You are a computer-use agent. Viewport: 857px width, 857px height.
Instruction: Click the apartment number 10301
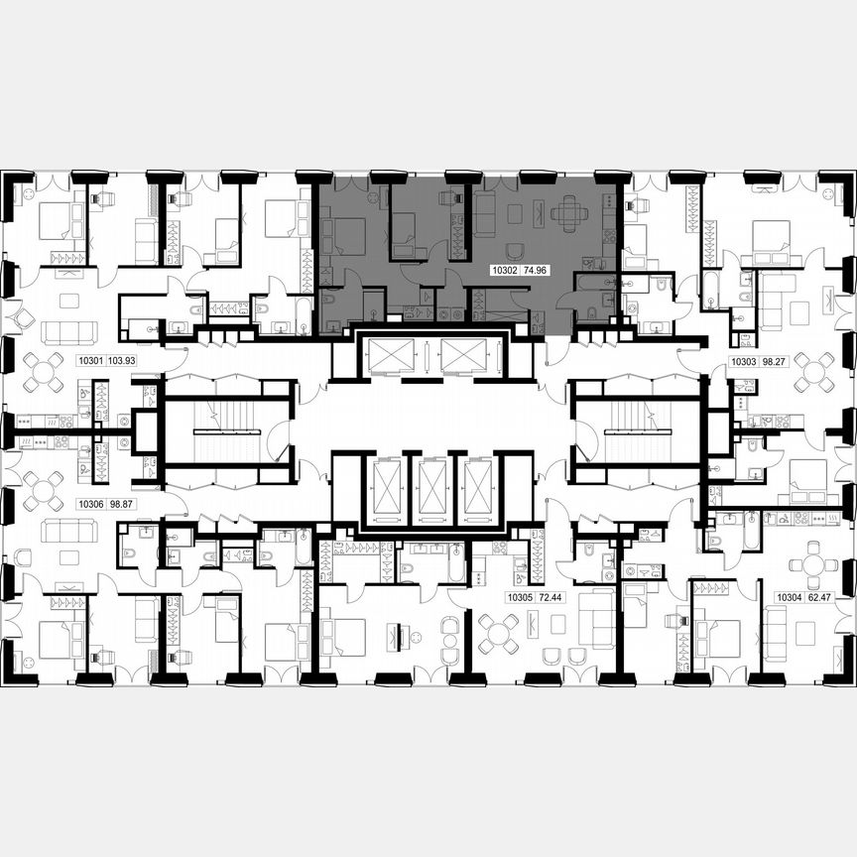tap(90, 362)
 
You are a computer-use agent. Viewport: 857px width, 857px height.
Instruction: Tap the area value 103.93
tap(123, 362)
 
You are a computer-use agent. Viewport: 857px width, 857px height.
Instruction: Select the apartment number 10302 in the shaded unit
tap(506, 269)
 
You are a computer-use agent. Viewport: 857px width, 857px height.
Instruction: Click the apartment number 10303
tap(746, 362)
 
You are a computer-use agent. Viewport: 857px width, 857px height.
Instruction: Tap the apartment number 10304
tap(789, 597)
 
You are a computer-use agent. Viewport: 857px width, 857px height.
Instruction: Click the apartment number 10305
tap(520, 597)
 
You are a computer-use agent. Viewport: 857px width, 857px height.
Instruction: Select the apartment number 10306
tap(90, 504)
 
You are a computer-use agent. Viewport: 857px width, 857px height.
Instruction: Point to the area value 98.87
tap(121, 504)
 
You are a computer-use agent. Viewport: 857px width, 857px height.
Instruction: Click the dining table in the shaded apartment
tap(569, 212)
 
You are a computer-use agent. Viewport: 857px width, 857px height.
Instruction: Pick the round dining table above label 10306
tap(44, 488)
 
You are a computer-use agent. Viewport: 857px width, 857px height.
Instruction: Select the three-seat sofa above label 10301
tap(69, 331)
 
